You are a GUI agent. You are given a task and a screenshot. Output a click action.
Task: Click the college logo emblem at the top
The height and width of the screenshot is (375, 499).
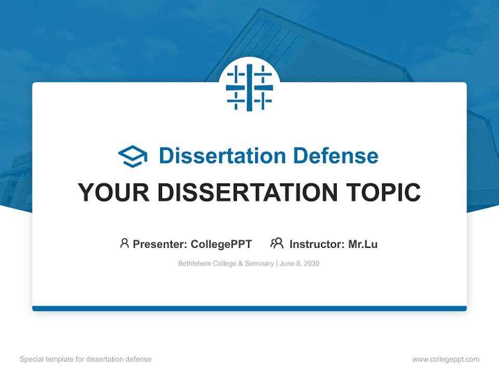tap(249, 87)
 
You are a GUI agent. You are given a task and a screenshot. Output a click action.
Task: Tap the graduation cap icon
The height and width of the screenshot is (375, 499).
tap(133, 156)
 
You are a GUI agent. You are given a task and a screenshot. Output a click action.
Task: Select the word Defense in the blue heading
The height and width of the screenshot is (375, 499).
tap(336, 156)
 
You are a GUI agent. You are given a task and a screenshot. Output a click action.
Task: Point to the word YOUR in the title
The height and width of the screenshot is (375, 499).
tap(114, 192)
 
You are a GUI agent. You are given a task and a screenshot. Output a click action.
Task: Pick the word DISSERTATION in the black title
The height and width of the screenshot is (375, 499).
tap(247, 192)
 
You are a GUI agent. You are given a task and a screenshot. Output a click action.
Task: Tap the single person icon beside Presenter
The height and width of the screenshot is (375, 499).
tap(124, 243)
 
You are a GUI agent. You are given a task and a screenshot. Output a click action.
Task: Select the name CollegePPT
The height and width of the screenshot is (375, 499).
tap(221, 244)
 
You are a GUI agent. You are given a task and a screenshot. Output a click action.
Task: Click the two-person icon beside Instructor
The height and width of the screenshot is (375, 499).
tap(277, 243)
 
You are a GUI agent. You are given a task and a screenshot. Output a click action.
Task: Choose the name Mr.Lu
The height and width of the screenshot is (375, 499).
tap(363, 244)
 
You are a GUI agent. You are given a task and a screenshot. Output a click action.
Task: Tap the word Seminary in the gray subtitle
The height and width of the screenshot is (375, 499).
tap(259, 264)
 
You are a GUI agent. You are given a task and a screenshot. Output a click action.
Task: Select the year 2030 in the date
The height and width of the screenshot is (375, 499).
tap(311, 264)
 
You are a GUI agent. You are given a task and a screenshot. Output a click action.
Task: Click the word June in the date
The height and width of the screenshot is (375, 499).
tap(286, 264)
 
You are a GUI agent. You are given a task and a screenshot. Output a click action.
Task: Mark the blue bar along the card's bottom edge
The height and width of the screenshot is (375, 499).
tap(249, 308)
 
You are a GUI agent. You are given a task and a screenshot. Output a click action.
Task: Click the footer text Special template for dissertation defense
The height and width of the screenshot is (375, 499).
tap(85, 359)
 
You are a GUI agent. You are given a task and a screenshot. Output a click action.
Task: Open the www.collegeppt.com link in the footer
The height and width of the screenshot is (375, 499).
tap(445, 359)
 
